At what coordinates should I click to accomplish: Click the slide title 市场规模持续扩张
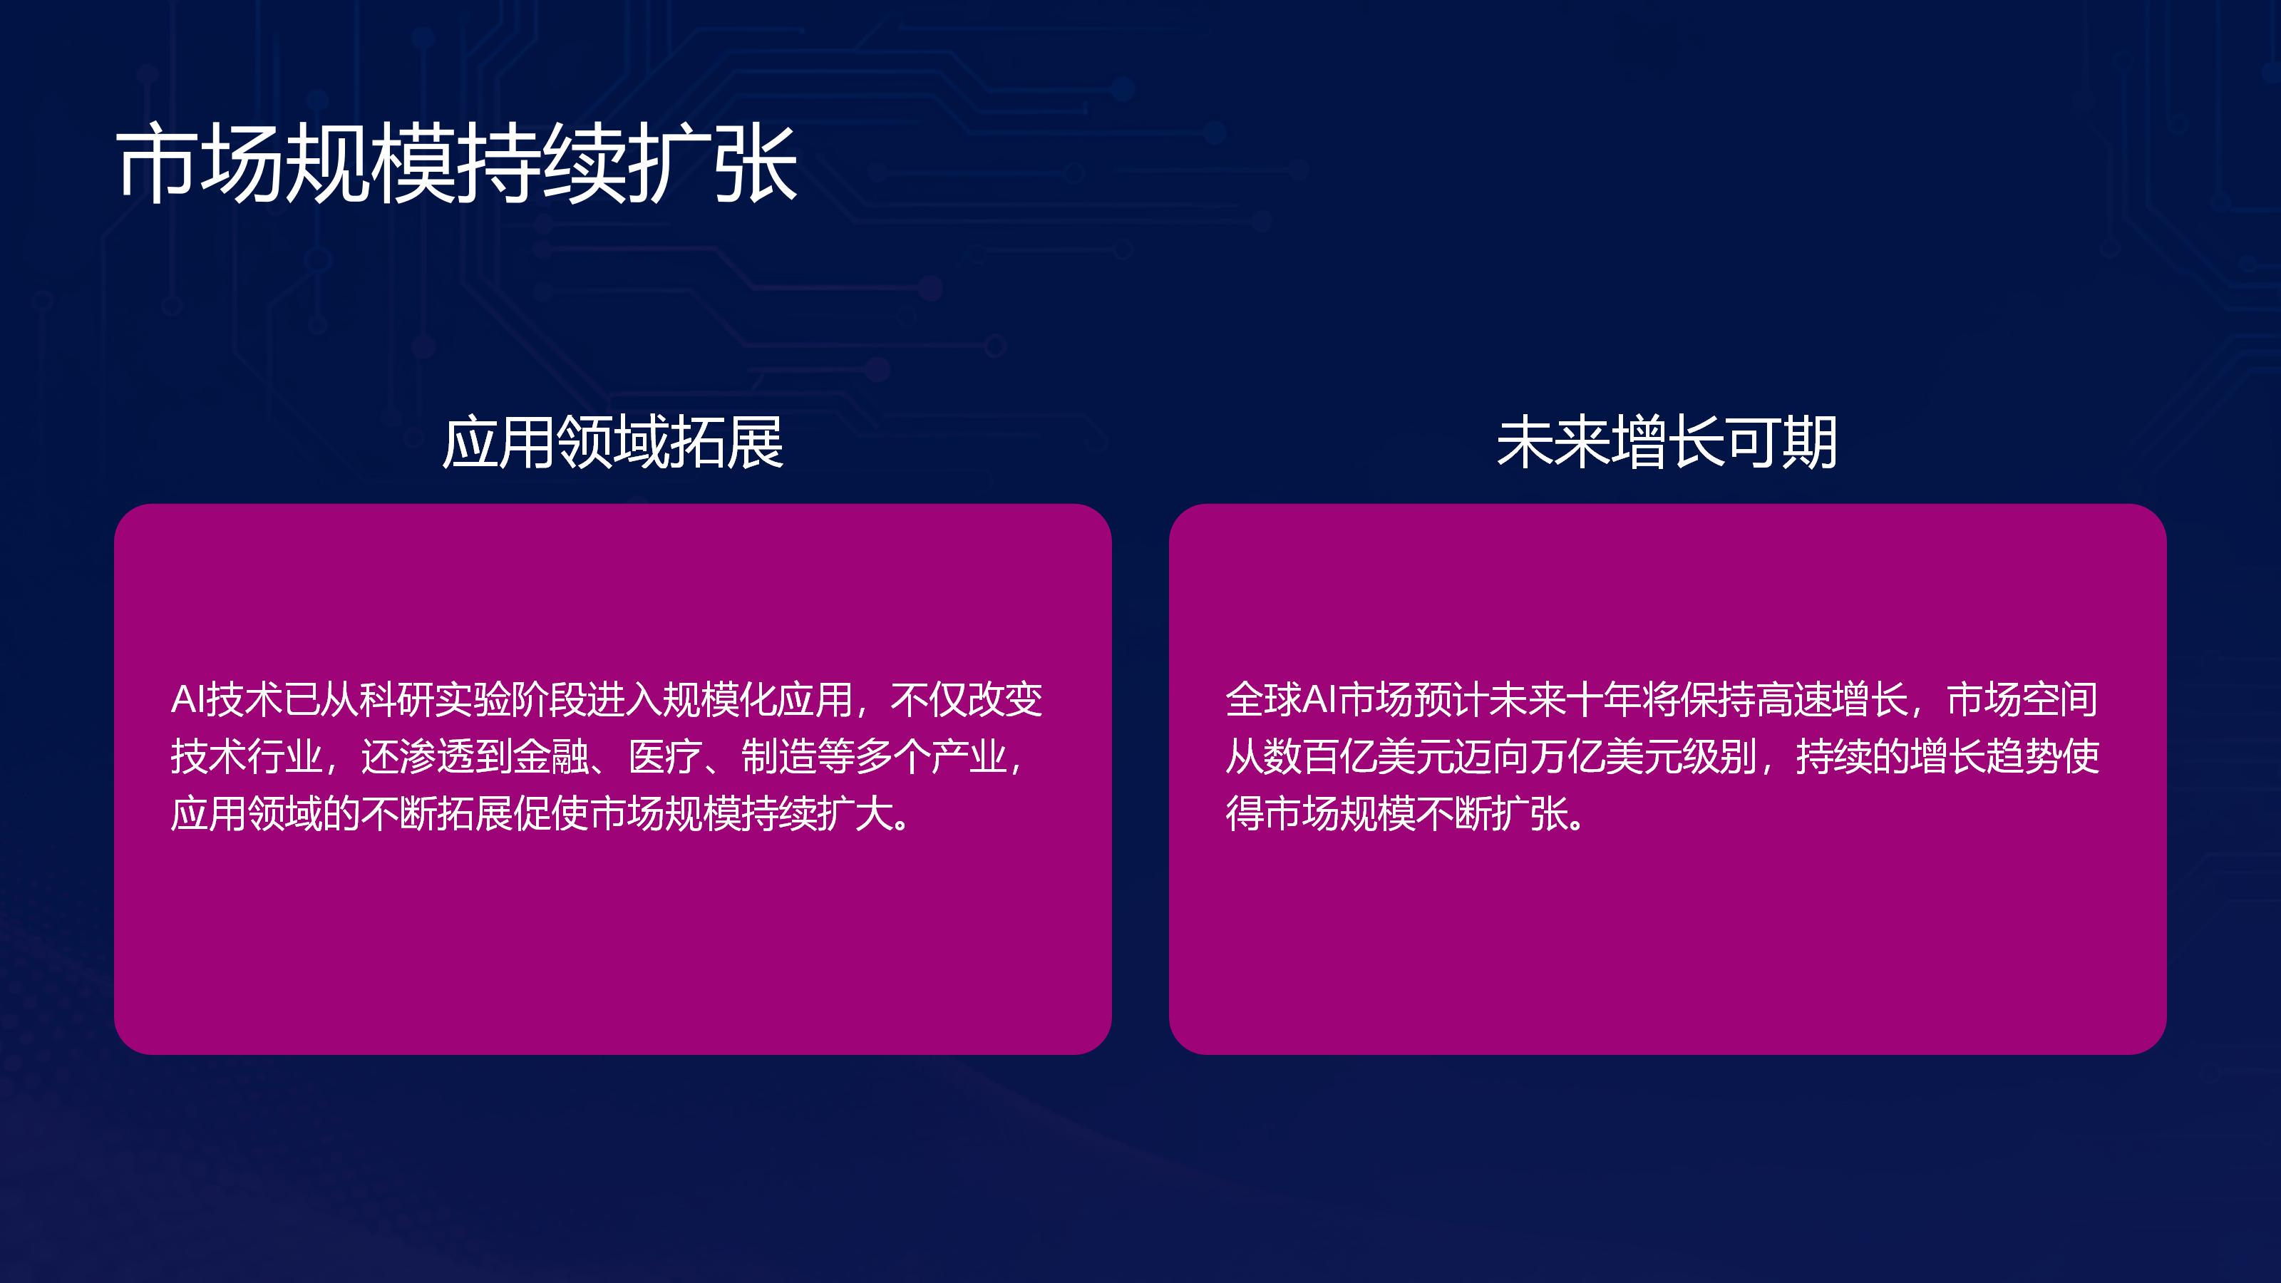coord(457,163)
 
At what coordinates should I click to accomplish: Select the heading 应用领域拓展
coord(613,442)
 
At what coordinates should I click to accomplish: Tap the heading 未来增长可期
coord(1667,442)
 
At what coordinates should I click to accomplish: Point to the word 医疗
coord(665,756)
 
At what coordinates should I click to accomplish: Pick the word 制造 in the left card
coord(779,756)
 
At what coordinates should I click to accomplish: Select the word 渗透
coord(436,756)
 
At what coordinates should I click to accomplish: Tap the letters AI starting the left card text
coord(187,699)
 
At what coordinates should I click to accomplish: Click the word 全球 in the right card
coord(1264,699)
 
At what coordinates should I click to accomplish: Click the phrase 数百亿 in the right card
coord(1320,756)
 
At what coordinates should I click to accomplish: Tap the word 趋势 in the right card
coord(2024,756)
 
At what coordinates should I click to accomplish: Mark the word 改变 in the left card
coord(1005,699)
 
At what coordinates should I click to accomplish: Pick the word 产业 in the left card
coord(969,756)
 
